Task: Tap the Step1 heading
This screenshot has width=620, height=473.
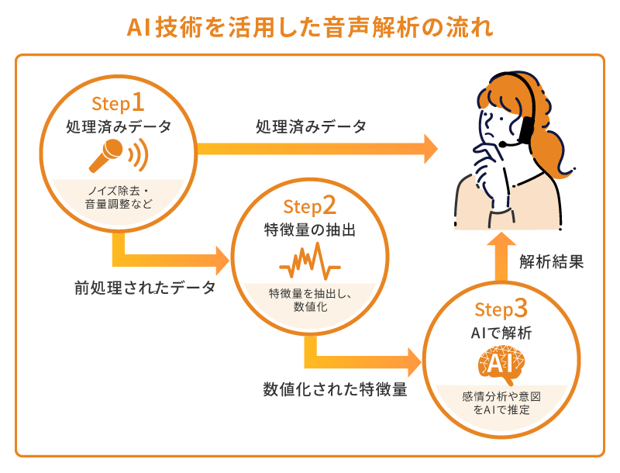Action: pyautogui.click(x=118, y=102)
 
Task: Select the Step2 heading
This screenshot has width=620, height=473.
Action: pyautogui.click(x=309, y=205)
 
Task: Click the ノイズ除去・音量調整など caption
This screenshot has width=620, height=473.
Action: pyautogui.click(x=118, y=197)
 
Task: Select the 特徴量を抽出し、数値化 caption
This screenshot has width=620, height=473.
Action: pyautogui.click(x=309, y=299)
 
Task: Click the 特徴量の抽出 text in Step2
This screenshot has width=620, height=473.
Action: pyautogui.click(x=309, y=230)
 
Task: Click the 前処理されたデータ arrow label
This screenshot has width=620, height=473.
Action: pyautogui.click(x=145, y=288)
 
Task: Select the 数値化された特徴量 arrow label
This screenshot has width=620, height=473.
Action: pyautogui.click(x=335, y=390)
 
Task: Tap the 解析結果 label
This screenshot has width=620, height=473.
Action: pyautogui.click(x=552, y=261)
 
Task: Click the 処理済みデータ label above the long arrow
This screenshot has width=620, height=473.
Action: pyautogui.click(x=311, y=126)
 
